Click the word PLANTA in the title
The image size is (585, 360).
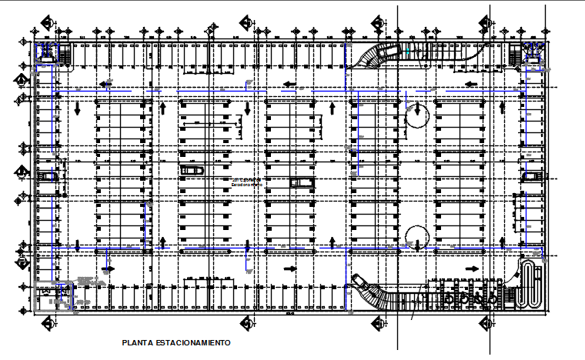pos(135,342)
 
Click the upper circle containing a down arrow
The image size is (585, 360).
pos(416,115)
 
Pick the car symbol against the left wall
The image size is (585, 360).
pos(48,175)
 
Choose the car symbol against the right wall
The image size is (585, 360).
pos(531,177)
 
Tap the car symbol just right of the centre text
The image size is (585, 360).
pos(302,182)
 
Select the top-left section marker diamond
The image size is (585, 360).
pos(48,22)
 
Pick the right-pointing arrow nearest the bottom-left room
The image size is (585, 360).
pos(107,269)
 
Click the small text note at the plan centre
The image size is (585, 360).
pos(247,182)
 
